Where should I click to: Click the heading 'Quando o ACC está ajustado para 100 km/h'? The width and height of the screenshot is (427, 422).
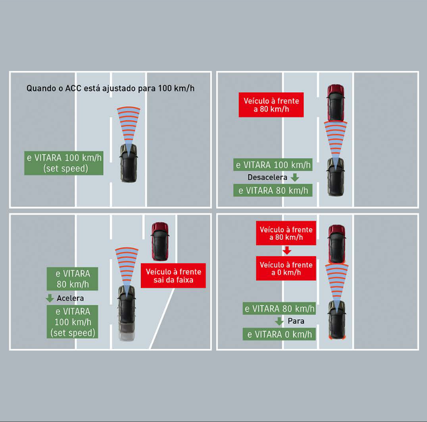coord(110,88)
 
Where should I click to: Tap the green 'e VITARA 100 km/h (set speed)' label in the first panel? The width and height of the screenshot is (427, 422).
coord(63,163)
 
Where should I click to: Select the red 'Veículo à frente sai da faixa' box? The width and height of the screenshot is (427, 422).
coord(173,276)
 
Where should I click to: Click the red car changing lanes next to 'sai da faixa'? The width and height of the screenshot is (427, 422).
coord(160,241)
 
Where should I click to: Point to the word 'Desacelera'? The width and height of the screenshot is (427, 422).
coord(267,177)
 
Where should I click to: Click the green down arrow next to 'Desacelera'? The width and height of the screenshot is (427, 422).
coord(295,177)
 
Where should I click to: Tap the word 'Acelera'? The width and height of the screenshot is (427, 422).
coord(70,298)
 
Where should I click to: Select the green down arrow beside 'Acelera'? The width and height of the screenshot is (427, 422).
coord(50,298)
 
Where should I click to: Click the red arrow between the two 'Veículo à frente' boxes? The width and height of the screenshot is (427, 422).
coord(287,250)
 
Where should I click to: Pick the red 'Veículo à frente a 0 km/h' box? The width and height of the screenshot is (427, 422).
coord(286,269)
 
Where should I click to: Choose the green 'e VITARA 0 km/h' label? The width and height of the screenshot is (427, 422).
coord(279,334)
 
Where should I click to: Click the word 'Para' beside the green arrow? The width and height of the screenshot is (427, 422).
coord(296,321)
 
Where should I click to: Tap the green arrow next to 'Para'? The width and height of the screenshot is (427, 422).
coord(279,321)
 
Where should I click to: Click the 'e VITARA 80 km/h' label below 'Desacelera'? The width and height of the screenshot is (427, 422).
coord(273,190)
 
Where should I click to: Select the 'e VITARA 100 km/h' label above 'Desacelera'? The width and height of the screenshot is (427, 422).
coord(273,165)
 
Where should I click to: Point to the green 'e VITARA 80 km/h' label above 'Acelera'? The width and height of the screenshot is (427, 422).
coord(72,279)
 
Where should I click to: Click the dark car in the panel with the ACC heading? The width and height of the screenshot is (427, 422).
coord(128,163)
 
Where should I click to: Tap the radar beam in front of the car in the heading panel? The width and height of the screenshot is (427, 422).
coord(128,126)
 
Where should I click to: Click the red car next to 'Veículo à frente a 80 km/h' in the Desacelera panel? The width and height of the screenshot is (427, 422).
coord(336,102)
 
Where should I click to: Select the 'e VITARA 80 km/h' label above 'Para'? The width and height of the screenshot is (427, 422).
coord(279,309)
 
